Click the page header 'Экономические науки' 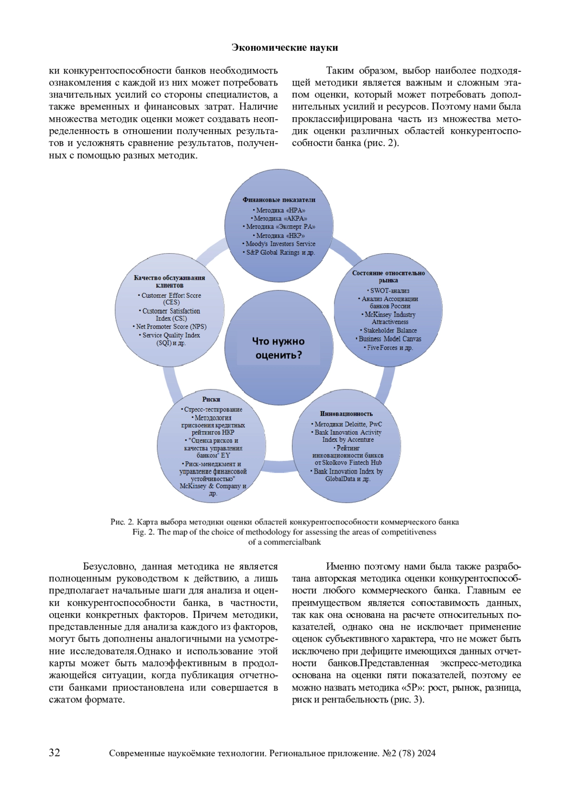285,47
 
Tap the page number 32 55,752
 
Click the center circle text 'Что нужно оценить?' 278,348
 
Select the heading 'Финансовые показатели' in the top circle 279,200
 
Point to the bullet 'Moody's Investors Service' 280,244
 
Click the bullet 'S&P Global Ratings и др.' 280,253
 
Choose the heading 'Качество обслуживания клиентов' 170,282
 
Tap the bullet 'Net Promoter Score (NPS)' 171,327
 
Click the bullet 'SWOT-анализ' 389,291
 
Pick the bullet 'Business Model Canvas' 389,339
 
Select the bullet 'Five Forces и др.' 389,348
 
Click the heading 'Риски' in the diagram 211,399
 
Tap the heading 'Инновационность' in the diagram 346,414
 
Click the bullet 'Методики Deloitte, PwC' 347,424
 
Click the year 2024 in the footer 427,753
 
